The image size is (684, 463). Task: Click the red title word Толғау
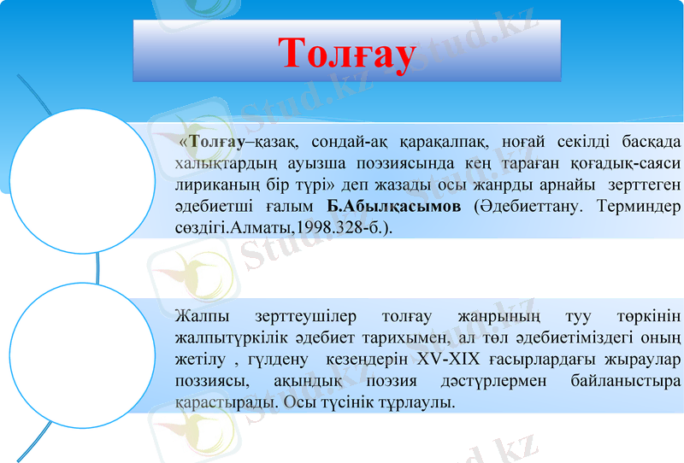(x=347, y=53)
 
